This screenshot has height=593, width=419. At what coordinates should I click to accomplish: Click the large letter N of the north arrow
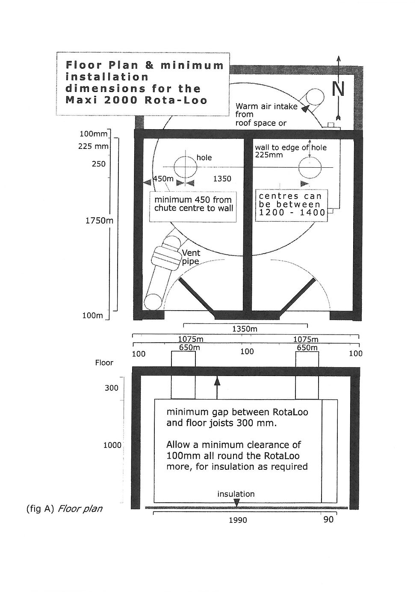(338, 89)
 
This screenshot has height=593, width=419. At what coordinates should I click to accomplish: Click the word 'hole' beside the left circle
(204, 157)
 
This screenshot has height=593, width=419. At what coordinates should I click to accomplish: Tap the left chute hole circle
(185, 166)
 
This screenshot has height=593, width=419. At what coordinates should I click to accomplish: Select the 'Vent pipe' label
(191, 257)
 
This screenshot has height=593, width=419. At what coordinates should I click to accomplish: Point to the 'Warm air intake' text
(266, 107)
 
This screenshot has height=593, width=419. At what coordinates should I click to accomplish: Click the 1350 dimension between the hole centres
(222, 179)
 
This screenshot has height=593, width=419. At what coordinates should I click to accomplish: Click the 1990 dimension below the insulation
(238, 520)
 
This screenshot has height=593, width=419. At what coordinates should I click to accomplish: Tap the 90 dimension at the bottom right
(328, 519)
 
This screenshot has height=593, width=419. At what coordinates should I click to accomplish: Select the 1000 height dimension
(112, 445)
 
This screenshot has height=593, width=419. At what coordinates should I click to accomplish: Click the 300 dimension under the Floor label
(112, 388)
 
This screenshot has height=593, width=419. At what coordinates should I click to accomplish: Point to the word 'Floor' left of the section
(104, 363)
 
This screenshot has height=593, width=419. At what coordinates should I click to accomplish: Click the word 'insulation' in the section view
(236, 494)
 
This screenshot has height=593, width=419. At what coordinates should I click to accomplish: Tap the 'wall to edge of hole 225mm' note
(291, 151)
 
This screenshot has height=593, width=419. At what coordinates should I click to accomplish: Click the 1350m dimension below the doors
(245, 329)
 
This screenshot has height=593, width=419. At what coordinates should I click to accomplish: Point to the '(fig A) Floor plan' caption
(64, 509)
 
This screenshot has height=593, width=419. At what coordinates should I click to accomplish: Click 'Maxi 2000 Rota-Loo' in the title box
(136, 101)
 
